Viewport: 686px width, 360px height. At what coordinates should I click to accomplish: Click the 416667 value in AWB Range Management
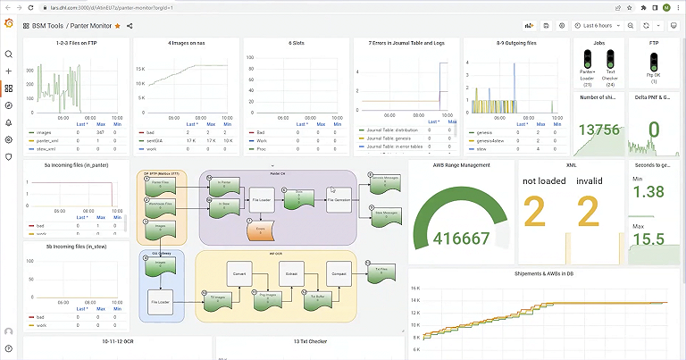461,239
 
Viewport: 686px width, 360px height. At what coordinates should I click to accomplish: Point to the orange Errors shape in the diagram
262,230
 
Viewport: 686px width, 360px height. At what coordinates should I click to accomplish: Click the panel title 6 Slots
297,43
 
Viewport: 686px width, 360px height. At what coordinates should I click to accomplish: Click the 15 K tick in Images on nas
139,70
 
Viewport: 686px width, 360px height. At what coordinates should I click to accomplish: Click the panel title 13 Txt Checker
310,341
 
